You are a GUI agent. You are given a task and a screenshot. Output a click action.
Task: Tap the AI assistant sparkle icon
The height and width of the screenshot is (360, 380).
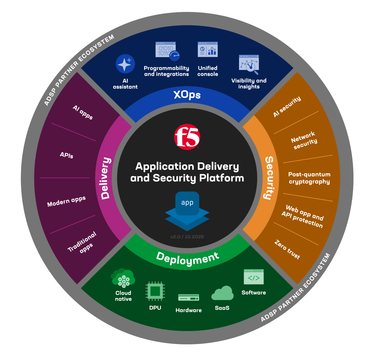[125, 64]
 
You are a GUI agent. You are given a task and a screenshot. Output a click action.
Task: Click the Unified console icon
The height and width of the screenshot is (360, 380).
[208, 50]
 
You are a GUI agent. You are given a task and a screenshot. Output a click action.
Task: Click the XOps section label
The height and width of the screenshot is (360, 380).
[187, 95]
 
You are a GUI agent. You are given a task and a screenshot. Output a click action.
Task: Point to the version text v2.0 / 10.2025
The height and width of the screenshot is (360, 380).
[187, 236]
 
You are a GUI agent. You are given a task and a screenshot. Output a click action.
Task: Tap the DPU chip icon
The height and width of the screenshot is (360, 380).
[155, 291]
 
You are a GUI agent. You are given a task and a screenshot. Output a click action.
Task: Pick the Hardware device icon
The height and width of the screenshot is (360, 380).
[188, 298]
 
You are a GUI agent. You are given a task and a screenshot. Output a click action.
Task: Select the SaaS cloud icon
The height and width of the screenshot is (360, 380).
[222, 294]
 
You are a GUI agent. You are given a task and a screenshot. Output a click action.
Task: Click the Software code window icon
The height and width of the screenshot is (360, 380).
[254, 277]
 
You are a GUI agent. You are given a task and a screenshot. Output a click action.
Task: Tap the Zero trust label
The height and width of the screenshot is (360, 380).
[287, 250]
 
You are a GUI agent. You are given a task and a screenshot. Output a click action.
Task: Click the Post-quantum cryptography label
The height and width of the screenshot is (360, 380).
[309, 178]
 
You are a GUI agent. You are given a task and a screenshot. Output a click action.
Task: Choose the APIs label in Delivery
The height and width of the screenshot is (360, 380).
[66, 155]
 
